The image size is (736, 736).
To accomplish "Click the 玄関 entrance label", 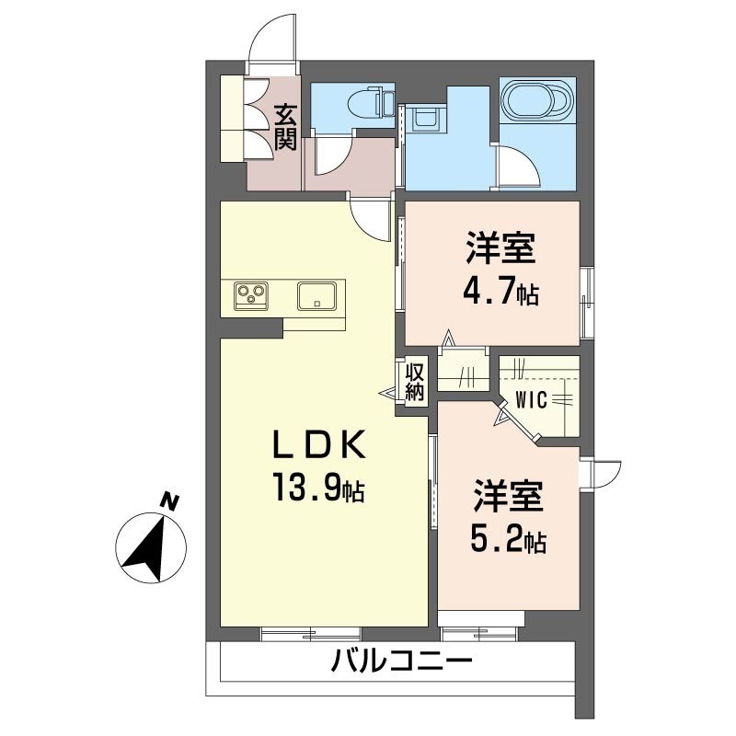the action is click(286, 127).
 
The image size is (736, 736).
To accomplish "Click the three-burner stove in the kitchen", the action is click(251, 295).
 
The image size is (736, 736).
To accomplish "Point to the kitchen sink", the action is click(316, 295).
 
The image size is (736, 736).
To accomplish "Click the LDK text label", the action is click(318, 444).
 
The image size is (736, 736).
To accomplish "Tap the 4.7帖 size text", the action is click(500, 292).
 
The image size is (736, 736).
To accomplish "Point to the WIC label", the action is click(532, 400).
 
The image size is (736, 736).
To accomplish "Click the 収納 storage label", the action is click(415, 381).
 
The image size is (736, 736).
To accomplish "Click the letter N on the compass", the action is click(169, 501).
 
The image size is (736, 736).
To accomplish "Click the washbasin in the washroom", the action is click(425, 118).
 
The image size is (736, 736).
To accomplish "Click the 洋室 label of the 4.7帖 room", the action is click(500, 249).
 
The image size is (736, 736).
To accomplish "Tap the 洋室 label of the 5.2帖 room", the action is click(508, 497).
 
